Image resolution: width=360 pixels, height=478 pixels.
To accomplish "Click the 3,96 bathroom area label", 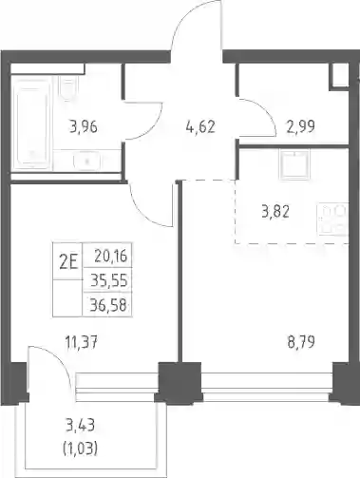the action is click(x=84, y=127).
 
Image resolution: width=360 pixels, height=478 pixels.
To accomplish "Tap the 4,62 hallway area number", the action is click(x=200, y=127).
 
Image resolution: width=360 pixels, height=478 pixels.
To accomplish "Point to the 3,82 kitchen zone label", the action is click(x=275, y=212).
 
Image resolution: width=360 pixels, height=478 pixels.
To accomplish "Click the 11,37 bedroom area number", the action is click(x=81, y=342).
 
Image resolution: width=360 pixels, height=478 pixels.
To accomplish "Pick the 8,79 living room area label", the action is click(x=301, y=342).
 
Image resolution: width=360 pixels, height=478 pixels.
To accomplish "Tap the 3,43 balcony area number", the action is click(x=81, y=426).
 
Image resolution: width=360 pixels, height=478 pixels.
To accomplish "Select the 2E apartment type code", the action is click(x=68, y=262).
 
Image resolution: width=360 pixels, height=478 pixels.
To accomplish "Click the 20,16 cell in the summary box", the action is click(x=111, y=257).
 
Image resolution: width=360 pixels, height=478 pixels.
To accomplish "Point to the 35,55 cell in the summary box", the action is click(x=109, y=280).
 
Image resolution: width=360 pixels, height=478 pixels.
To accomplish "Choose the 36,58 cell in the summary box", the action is click(x=108, y=305).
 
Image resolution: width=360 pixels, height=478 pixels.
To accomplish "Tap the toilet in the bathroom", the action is click(x=67, y=87).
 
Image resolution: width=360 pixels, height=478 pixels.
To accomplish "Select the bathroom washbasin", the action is click(x=87, y=161).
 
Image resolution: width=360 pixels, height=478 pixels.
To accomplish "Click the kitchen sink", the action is click(x=294, y=165).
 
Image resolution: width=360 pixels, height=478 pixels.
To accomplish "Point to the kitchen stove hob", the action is click(x=333, y=220).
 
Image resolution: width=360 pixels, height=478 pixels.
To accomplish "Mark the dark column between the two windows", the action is click(x=180, y=382).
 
